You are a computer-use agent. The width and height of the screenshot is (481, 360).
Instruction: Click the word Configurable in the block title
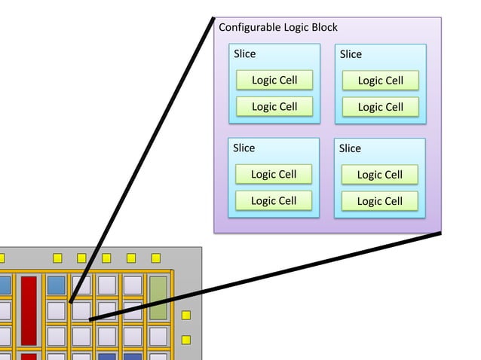click(x=250, y=28)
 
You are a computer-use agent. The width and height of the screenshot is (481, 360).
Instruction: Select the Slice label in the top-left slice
click(x=245, y=53)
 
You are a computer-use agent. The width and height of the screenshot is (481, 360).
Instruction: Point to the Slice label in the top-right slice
click(x=351, y=54)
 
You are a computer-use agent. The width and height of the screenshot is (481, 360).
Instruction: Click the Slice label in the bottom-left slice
click(x=244, y=148)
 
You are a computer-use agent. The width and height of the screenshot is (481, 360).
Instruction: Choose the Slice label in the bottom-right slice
click(x=350, y=148)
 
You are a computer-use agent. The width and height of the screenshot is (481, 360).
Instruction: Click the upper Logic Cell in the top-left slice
click(x=274, y=80)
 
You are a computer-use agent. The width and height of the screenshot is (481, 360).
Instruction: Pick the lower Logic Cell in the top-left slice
click(x=274, y=106)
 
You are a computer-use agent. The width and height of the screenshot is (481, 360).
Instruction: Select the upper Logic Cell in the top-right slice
click(x=380, y=81)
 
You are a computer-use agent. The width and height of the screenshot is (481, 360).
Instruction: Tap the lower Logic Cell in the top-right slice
click(x=380, y=107)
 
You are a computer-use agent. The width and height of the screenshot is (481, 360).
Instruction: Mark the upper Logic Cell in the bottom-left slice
click(x=274, y=174)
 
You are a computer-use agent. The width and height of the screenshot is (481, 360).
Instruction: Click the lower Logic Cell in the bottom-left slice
click(x=274, y=200)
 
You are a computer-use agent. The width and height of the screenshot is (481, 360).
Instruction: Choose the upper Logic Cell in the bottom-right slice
click(x=379, y=175)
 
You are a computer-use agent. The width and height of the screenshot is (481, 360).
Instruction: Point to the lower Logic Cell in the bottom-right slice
click(x=379, y=201)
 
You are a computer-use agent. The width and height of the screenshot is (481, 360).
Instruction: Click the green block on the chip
click(x=158, y=297)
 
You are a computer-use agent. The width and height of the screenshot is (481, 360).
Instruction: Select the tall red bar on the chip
click(x=29, y=310)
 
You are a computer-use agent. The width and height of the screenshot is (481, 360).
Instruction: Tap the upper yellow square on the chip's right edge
click(x=186, y=315)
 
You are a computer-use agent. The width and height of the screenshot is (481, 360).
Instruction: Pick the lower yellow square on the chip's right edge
click(x=186, y=340)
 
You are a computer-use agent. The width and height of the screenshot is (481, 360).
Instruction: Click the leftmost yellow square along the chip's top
click(x=57, y=258)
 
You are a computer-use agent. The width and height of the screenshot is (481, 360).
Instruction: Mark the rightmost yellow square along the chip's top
click(x=156, y=258)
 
